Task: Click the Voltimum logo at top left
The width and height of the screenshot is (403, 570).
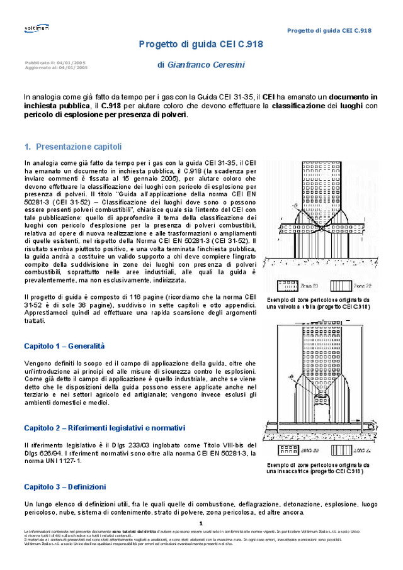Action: pos(37,28)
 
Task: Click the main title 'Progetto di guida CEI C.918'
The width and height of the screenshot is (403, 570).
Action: pos(201,44)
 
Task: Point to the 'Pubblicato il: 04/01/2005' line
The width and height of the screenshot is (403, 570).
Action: pos(55,63)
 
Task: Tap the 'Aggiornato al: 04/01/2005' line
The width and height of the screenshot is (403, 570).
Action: pos(56,67)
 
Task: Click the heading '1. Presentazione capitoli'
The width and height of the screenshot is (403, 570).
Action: pos(72,147)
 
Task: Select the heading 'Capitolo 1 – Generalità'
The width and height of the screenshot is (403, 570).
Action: pos(64,346)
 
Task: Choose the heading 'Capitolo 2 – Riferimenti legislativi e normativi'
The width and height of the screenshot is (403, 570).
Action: pos(105,428)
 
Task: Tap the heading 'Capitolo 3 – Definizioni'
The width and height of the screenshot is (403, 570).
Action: pos(65,487)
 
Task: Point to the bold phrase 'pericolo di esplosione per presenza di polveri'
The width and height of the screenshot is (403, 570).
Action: pos(105,115)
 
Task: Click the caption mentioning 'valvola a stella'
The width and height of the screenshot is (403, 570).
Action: pos(318,303)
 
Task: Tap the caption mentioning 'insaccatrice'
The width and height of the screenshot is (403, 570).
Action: pos(318,468)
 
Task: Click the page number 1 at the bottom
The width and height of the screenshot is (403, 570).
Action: pos(200,523)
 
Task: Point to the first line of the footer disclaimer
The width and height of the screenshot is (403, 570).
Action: pos(189,532)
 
